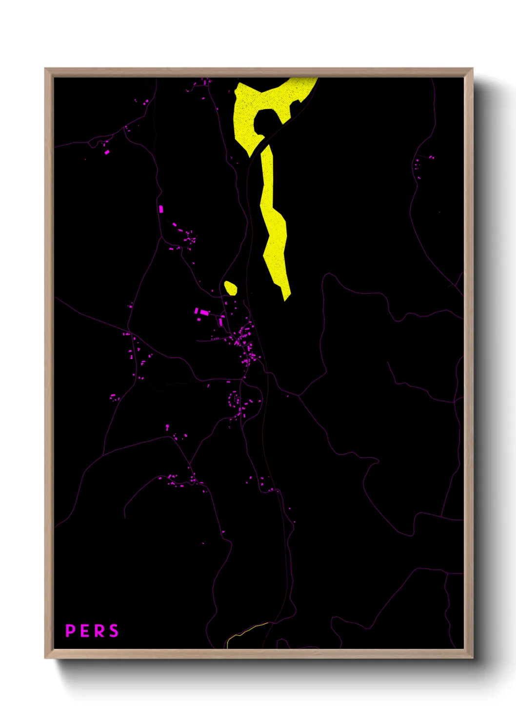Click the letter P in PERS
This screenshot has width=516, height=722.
point(70,631)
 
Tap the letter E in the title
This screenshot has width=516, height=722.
point(85,631)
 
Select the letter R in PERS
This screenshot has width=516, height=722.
point(99,631)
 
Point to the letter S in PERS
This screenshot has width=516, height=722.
point(114,631)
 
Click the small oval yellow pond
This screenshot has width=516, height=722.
point(230,288)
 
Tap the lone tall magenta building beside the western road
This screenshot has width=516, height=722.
point(161,209)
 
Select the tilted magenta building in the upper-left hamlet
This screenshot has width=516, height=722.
point(107,152)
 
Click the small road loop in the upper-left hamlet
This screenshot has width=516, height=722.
point(93,144)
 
